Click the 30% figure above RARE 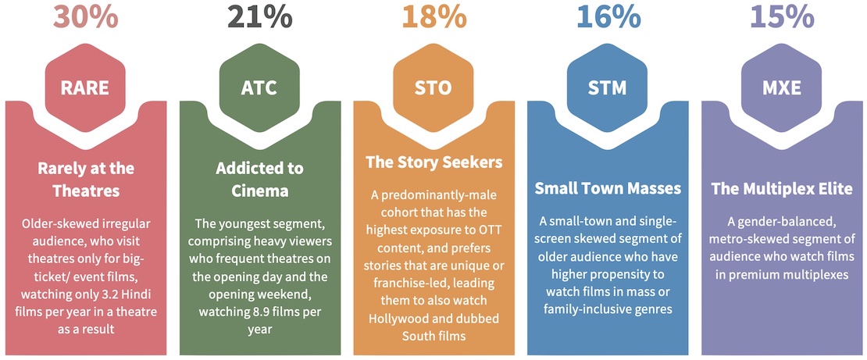(86, 17)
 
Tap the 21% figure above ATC (260, 17)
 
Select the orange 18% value (433, 17)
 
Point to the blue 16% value (608, 17)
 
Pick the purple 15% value (782, 17)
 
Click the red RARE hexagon (86, 88)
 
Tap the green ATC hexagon (260, 88)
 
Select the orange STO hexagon (434, 88)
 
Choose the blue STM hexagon (608, 88)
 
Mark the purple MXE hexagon (782, 88)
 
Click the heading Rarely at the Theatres (86, 180)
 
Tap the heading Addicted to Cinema (260, 180)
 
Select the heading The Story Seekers (434, 162)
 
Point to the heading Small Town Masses (608, 188)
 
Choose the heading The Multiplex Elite (782, 188)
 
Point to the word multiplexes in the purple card (815, 274)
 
